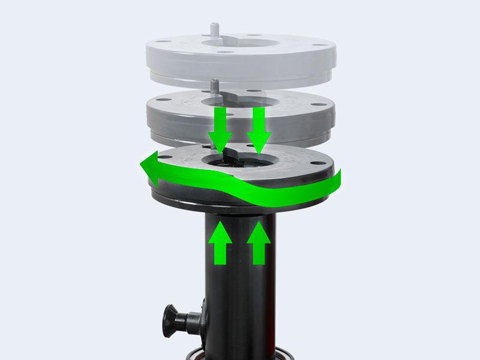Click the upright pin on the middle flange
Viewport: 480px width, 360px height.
click(214, 85)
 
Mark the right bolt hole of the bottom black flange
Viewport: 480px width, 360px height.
click(313, 160)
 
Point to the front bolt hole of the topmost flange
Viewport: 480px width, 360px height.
click(224, 53)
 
